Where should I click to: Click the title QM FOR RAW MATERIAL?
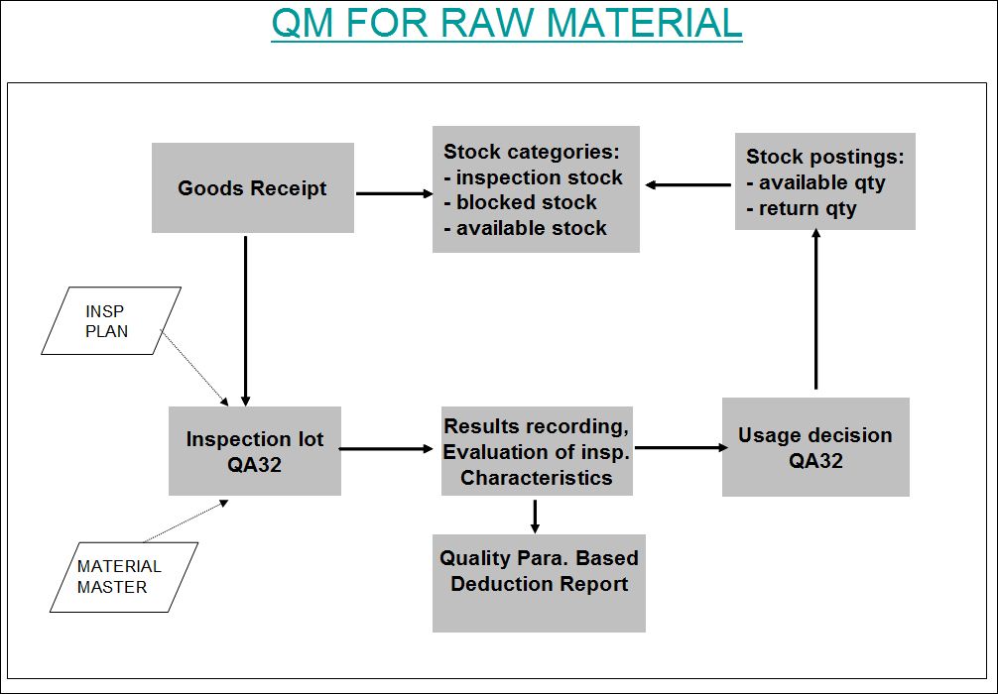click(507, 24)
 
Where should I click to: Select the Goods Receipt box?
click(253, 187)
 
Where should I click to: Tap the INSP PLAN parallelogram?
click(111, 320)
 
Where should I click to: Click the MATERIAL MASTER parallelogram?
click(124, 577)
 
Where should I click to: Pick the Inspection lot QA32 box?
click(255, 451)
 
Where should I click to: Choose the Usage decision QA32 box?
click(815, 447)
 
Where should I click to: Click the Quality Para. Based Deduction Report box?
click(539, 583)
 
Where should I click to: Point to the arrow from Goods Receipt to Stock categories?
click(394, 193)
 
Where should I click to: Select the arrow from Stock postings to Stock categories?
click(688, 185)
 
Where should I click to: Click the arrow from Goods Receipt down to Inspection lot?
click(246, 321)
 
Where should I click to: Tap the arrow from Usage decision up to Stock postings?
click(816, 309)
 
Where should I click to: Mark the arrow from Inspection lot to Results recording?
click(386, 449)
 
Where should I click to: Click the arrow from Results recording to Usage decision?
click(682, 448)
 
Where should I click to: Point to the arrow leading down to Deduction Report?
click(535, 517)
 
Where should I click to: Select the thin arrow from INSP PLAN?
click(194, 368)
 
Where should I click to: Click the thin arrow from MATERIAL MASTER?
click(186, 520)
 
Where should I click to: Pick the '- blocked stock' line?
click(520, 202)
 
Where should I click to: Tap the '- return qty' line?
click(802, 208)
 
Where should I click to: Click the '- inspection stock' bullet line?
click(533, 177)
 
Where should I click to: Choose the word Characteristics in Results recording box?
click(537, 478)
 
